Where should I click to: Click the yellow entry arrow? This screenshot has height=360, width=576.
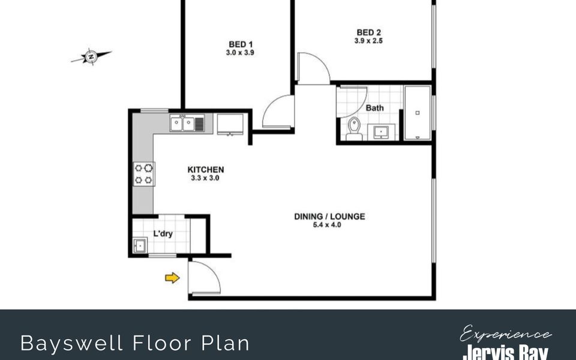172,278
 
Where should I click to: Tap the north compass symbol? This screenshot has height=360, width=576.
91,56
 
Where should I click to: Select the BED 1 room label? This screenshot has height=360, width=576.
241,44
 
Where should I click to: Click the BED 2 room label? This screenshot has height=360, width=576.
368,32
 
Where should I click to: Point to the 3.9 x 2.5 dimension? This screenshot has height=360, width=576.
368,41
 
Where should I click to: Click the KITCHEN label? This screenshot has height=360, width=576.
206,170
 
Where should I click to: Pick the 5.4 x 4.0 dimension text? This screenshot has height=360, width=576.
327,225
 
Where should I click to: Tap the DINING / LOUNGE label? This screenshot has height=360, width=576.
329,217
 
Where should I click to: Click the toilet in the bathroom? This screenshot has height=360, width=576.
354,129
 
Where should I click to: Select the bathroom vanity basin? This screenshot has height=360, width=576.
382,132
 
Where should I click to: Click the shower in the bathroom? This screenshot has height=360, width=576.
418,113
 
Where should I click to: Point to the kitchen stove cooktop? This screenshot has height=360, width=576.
143,174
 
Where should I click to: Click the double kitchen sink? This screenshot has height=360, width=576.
187,123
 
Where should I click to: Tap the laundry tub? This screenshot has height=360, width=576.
140,245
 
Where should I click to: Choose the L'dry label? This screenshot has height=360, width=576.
163,233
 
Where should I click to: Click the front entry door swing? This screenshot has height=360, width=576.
204,277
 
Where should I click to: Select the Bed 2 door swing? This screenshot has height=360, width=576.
313,68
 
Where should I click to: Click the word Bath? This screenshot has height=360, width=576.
374,108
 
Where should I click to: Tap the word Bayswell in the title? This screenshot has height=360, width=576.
71,343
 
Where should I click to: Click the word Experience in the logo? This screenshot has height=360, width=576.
505,334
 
